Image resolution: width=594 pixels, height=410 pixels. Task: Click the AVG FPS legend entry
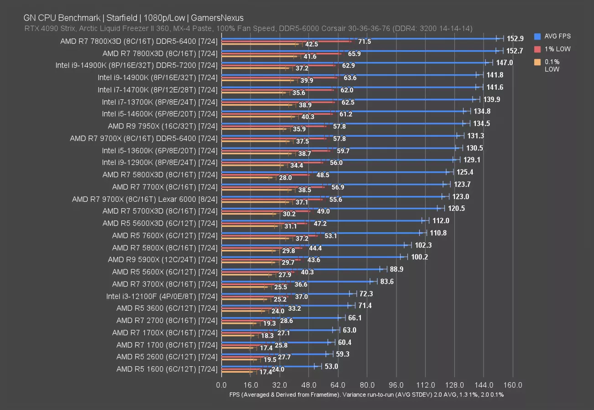tap(557, 36)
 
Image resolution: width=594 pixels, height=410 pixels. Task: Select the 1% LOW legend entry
tap(557, 49)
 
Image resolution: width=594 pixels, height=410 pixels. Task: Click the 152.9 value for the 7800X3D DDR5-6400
tap(515, 39)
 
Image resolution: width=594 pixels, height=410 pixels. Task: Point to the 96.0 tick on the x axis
tap(396, 385)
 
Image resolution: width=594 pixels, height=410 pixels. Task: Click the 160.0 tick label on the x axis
tap(513, 385)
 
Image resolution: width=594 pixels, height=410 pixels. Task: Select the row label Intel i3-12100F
tap(162, 296)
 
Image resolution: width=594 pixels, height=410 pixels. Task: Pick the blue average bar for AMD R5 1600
tap(269, 366)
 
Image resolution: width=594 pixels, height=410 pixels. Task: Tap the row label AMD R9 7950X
tap(162, 126)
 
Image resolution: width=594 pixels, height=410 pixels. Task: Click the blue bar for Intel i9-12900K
tap(338, 159)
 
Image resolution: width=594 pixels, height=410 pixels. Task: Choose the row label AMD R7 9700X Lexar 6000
tap(145, 199)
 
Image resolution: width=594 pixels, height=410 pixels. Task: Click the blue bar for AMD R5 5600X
tap(301, 269)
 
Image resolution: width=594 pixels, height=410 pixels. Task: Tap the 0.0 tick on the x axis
tap(221, 385)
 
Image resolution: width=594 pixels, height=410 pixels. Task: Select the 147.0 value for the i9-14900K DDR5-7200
tap(505, 63)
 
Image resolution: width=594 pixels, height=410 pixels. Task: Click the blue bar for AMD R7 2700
tap(281, 318)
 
